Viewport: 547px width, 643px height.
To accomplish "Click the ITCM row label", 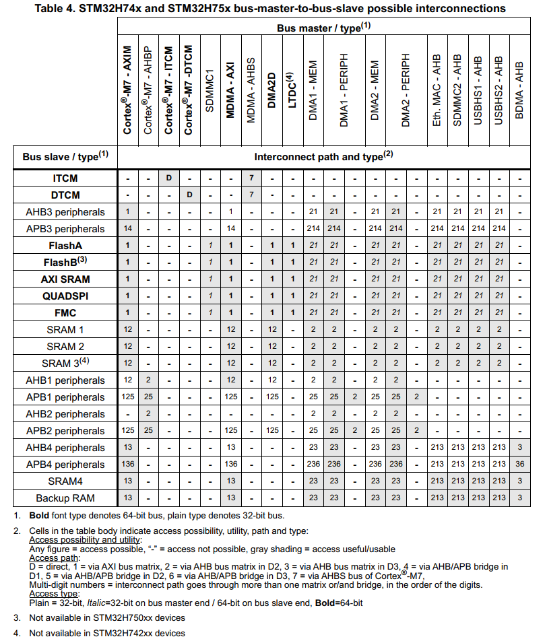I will (x=65, y=178).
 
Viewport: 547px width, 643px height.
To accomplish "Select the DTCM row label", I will (x=65, y=195).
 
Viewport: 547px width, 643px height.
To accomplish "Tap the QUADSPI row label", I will (x=65, y=296).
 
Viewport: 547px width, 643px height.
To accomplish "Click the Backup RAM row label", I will (x=65, y=498).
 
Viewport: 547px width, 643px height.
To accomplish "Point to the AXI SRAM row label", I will (x=65, y=279).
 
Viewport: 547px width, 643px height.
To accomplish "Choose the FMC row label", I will (x=65, y=313).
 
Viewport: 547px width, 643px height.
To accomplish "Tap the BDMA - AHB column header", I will (x=519, y=90).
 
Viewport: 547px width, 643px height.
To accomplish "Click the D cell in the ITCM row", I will (x=169, y=178).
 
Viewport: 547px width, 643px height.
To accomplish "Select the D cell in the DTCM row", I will (x=190, y=195).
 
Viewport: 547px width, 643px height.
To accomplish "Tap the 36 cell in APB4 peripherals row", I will (x=519, y=465).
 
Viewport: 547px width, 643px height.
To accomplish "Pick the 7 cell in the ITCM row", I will (x=251, y=178).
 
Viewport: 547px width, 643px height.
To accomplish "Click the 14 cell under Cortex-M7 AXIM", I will (x=127, y=229).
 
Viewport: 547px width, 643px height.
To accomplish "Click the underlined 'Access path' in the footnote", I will (x=54, y=558).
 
